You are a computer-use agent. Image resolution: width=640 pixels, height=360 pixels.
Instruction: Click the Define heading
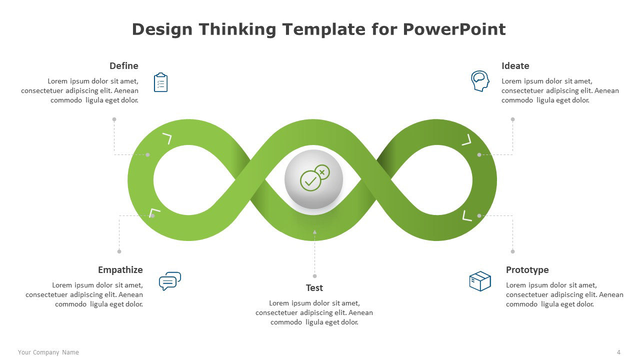coord(123,66)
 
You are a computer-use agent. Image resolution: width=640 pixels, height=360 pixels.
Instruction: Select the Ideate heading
coord(515,66)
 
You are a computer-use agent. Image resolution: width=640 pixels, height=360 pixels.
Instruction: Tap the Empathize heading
coord(120,270)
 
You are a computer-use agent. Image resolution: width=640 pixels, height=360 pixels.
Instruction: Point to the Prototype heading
coord(527,270)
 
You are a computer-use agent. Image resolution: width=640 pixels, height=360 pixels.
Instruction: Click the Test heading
coord(314,287)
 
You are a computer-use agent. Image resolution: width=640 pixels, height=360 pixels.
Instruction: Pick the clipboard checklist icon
coord(160,82)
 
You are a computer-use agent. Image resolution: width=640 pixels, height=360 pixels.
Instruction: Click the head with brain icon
coord(480,81)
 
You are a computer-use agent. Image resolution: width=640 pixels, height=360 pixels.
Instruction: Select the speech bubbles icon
coord(170,281)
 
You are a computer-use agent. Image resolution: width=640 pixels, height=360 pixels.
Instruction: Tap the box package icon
coord(480,281)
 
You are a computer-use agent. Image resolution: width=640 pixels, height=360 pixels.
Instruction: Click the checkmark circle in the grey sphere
coord(310,181)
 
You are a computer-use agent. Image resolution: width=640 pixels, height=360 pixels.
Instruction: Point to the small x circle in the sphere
coord(322,172)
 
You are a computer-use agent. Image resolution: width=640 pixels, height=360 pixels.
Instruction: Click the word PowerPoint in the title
coord(454,29)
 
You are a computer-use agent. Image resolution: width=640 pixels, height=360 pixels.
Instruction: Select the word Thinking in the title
coord(237,29)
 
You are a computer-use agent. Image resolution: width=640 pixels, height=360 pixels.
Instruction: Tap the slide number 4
coord(618,352)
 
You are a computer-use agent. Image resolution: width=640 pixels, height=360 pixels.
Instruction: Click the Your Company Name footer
coord(48,352)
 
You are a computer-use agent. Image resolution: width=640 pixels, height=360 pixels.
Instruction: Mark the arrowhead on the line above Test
coord(314,232)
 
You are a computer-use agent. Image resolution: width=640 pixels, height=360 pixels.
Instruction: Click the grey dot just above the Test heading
coord(314,276)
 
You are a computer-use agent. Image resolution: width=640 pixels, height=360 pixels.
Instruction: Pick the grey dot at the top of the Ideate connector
coord(513,119)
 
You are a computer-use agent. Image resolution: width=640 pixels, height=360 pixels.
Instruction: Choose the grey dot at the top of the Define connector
coord(114,119)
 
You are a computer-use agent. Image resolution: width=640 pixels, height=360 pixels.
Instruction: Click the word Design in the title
coord(162,29)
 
